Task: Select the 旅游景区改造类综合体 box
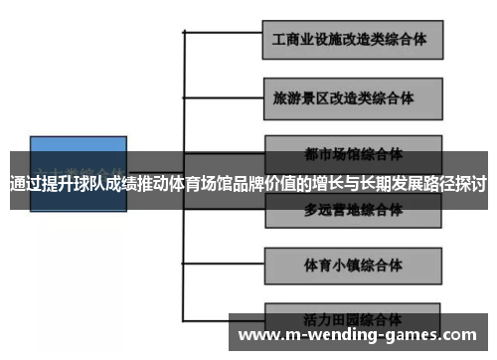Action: pyautogui.click(x=351, y=98)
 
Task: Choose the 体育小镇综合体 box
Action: pyautogui.click(x=351, y=266)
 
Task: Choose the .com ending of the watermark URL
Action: pyautogui.click(x=461, y=335)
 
